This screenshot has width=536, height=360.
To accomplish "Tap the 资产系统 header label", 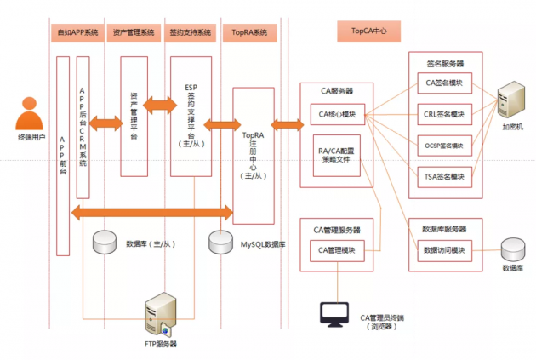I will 133,32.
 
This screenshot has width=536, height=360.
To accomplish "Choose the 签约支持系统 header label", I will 191,32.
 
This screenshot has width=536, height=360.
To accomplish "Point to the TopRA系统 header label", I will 249,32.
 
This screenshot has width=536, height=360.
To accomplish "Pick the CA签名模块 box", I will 445,83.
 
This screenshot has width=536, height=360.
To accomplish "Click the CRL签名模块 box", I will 445,114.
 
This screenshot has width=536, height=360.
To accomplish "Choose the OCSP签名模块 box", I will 445,146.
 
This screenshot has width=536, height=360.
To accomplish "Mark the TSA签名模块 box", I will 445,176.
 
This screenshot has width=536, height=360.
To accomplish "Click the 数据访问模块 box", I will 445,251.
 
